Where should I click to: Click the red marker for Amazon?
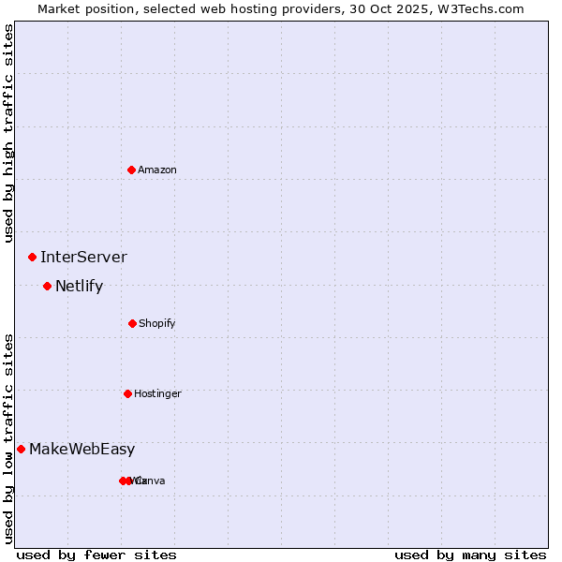(132, 170)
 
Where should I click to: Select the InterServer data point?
(32, 257)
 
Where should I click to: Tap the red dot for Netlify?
(47, 286)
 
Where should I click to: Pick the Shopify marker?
(132, 323)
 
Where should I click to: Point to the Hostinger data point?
(127, 393)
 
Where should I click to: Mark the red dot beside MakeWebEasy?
(21, 449)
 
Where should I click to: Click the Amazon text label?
(157, 170)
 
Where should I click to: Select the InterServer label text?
(83, 257)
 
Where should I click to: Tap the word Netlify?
(79, 286)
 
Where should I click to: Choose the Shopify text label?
(157, 323)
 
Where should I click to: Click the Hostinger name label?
(157, 393)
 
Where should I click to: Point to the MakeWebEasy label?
(81, 449)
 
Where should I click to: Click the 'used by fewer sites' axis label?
(96, 555)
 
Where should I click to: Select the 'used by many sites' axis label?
(470, 555)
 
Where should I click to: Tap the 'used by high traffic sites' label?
(8, 133)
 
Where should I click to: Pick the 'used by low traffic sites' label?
(8, 437)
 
